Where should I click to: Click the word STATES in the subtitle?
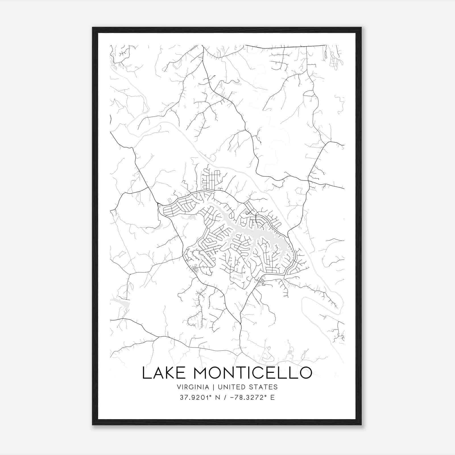click(x=264, y=387)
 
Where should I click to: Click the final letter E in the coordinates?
click(x=272, y=398)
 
